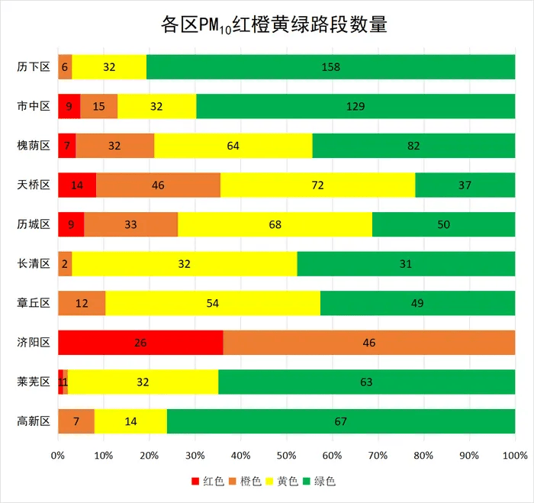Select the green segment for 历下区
[330, 67]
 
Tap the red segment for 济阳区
[140, 343]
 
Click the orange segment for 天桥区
[158, 185]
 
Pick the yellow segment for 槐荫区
[233, 146]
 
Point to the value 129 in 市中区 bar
[355, 106]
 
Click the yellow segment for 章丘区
[213, 303]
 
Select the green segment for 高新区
[341, 421]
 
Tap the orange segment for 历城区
[130, 224]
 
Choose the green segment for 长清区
[406, 264]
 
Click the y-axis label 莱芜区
[34, 382]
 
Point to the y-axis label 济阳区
[34, 343]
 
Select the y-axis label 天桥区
[34, 185]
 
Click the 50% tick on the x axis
[286, 456]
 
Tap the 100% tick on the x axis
[515, 456]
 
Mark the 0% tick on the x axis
[58, 456]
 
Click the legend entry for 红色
[207, 482]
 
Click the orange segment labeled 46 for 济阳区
[369, 343]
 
